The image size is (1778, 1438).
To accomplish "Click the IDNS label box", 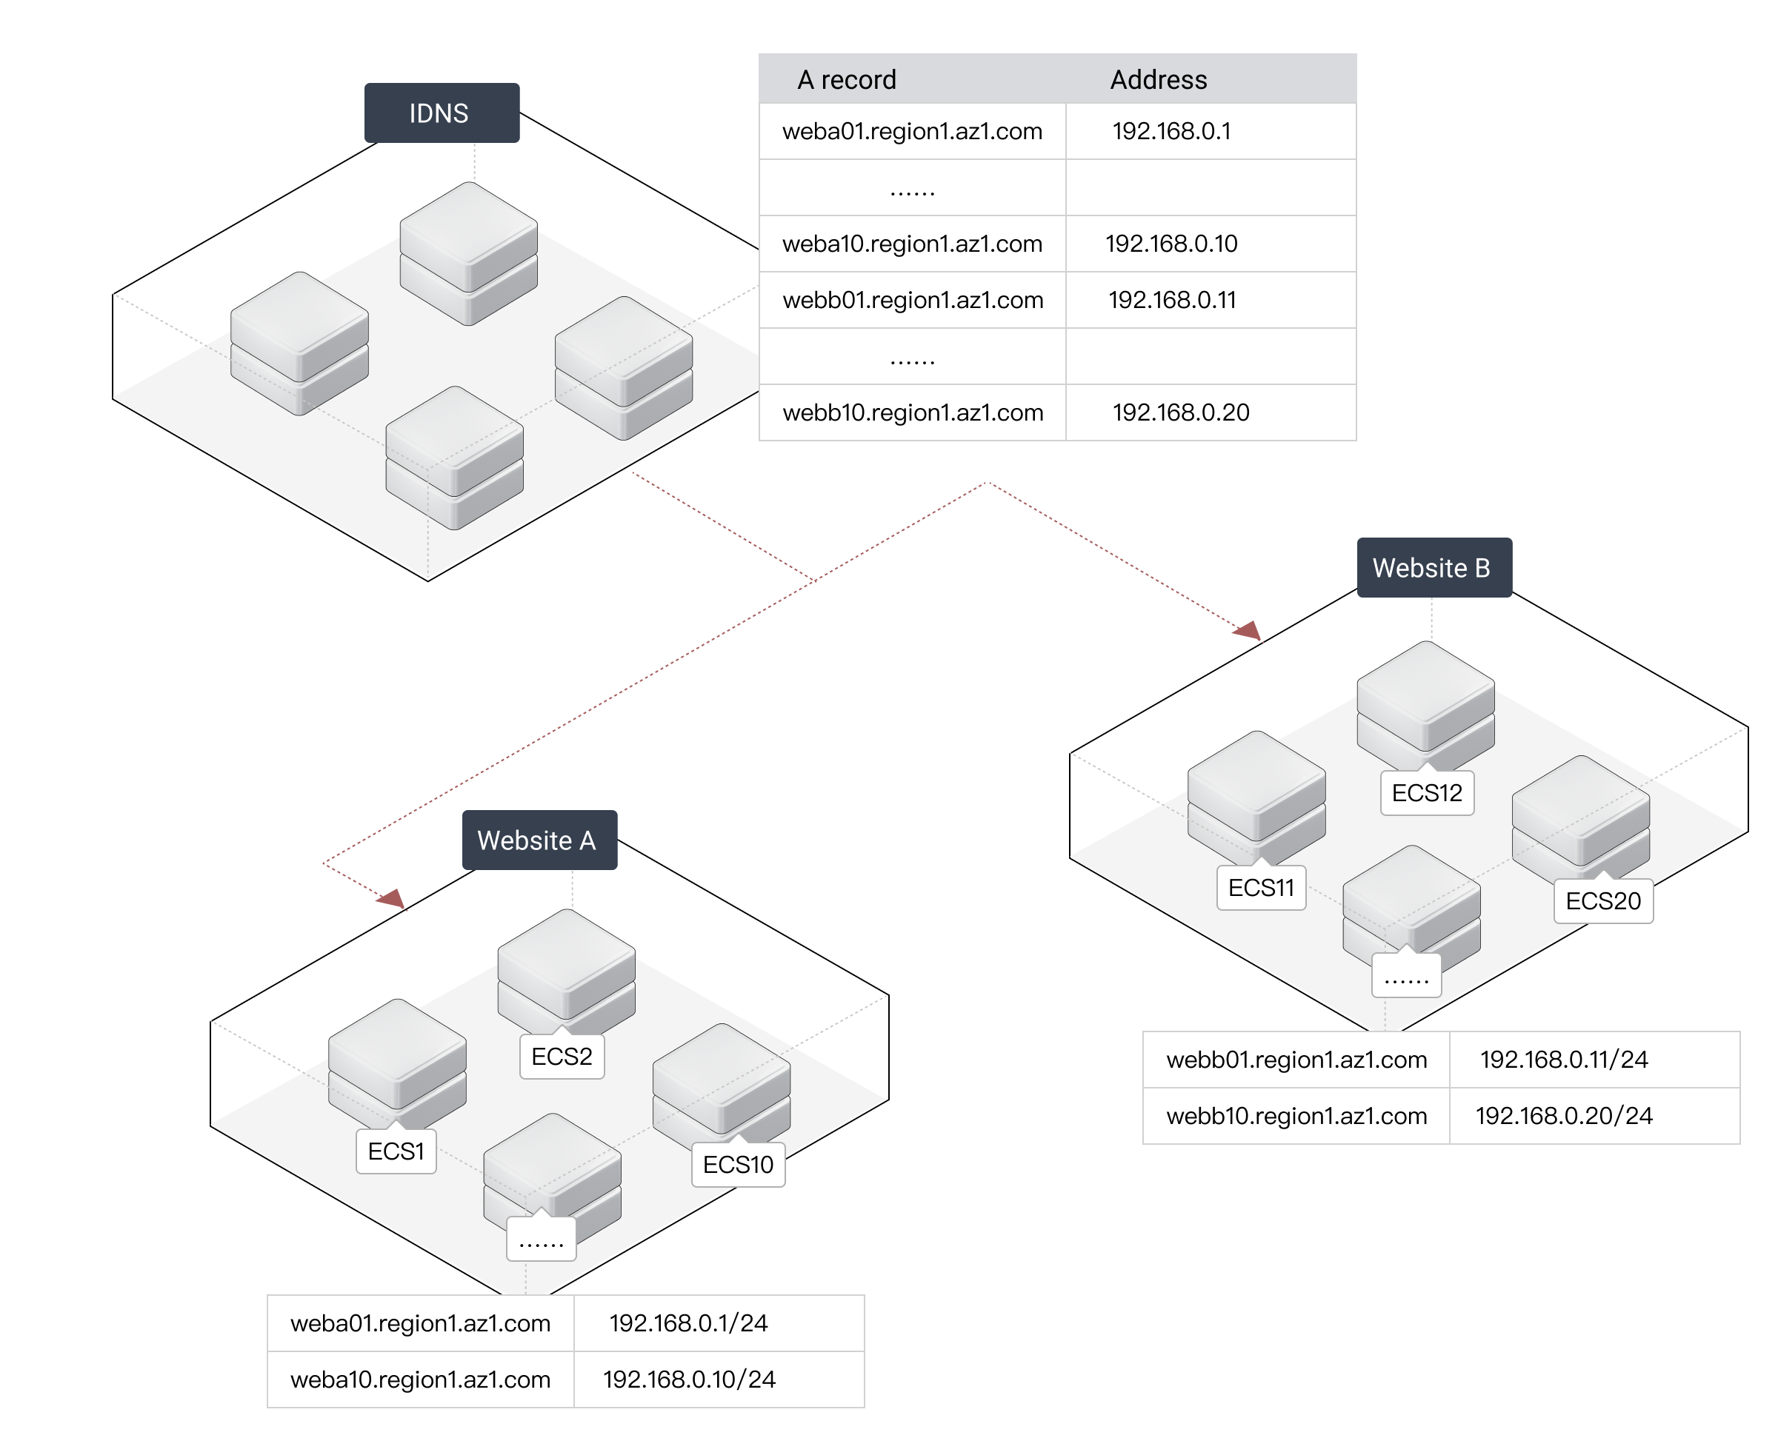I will click(442, 113).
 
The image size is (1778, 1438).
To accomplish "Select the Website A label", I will click(539, 840).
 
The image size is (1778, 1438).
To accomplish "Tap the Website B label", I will click(1434, 567).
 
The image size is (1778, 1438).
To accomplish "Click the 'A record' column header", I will click(847, 79).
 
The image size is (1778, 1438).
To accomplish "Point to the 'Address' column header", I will click(1158, 79).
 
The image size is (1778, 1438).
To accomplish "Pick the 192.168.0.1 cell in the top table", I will click(1171, 131).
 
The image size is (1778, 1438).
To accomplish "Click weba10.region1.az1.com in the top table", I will click(912, 244).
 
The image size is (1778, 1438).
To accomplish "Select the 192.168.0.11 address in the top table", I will click(1171, 300).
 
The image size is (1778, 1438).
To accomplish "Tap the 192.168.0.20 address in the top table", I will click(1181, 412).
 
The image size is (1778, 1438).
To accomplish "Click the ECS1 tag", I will click(396, 1151).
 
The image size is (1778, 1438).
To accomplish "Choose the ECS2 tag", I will click(562, 1057).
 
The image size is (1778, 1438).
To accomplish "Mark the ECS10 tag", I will click(738, 1165).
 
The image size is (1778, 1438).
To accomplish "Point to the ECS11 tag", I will click(1261, 888).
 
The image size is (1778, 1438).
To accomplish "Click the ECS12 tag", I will click(1427, 793).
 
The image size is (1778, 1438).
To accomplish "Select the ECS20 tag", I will click(1603, 901).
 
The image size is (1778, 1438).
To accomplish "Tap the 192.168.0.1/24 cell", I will click(688, 1323).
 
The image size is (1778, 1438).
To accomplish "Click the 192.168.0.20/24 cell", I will click(1564, 1116).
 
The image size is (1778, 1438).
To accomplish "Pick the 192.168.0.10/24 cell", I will click(689, 1380).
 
